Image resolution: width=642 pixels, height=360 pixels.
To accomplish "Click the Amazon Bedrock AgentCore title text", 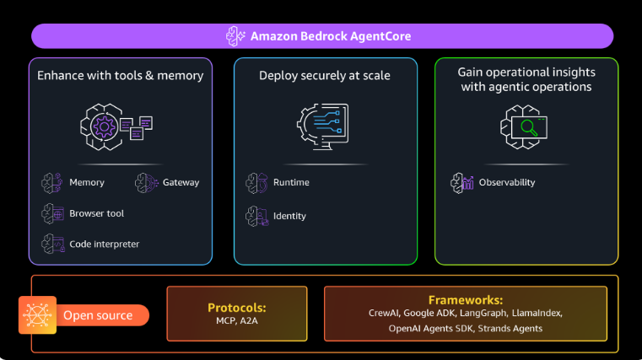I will pos(331,36).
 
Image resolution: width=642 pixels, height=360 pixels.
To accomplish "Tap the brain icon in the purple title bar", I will pos(236,36).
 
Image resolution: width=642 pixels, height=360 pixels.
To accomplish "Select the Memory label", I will pos(87,182).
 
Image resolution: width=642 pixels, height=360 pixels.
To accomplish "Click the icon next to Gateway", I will pos(147,182).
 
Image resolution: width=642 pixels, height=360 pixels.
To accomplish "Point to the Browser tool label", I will pos(96,213).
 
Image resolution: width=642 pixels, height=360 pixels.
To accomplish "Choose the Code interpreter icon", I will pos(52,244).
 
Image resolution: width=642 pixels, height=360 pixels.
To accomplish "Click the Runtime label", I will pos(291,182).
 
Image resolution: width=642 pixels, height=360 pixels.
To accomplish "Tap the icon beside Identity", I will pos(256,216).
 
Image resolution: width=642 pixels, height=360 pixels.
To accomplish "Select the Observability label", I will pos(506,182).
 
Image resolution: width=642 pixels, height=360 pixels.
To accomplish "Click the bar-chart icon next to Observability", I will pos(462,182).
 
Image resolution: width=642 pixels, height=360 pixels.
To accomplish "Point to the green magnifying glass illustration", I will pos(528,128).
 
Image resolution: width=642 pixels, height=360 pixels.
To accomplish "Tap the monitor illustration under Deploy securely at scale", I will pos(325,126).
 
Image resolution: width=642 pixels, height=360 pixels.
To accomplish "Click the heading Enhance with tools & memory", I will pos(120,76).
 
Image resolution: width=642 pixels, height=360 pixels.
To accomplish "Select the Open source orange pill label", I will pos(98,315).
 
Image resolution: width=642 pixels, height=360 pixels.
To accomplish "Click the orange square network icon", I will pos(37,315).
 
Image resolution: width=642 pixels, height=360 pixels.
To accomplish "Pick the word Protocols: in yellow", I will pos(236,308).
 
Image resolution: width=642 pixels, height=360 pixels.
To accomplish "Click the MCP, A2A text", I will pos(236,321).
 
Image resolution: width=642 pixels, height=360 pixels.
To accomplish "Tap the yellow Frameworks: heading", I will pos(465,299).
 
